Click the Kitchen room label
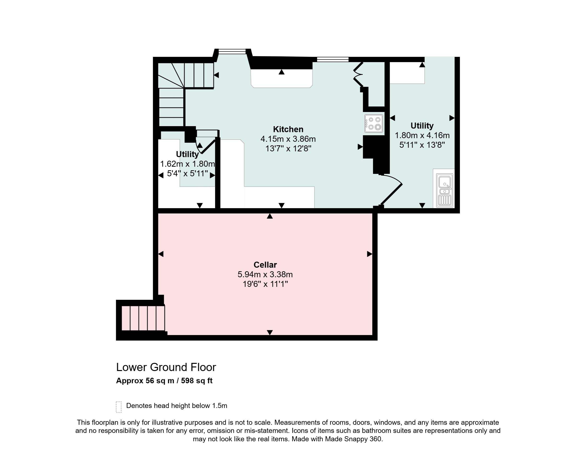[288, 129]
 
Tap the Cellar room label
[265, 265]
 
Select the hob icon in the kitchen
[374, 123]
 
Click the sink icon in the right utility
[445, 190]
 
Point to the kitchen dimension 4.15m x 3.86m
[288, 139]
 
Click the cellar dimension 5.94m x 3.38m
[265, 274]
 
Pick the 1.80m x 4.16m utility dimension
[422, 135]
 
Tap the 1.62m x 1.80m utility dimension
[187, 164]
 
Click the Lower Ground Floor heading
[166, 367]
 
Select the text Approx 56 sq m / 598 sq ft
[164, 381]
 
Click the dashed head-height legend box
[119, 407]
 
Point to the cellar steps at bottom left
[143, 318]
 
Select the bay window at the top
[232, 51]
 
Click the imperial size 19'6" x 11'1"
[265, 284]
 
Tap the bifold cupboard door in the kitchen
[358, 75]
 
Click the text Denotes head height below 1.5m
[177, 406]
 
